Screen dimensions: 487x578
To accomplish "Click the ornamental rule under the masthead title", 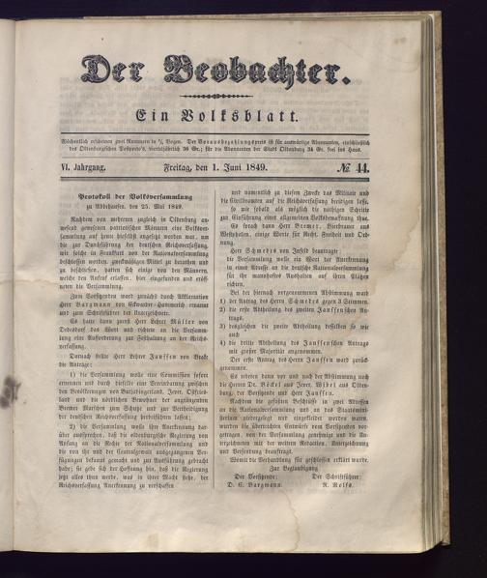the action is pos(216,96).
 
